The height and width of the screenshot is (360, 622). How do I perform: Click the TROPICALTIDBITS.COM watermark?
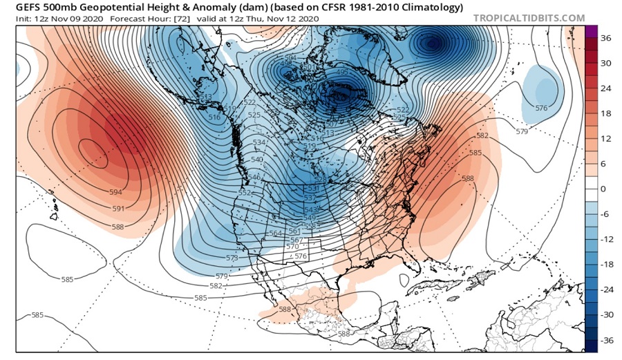click(529, 18)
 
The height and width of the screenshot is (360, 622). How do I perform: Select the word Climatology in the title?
click(430, 8)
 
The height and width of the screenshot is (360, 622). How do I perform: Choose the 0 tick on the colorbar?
click(605, 189)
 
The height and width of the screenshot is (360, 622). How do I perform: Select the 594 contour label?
click(115, 192)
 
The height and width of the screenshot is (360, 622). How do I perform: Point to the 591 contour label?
click(119, 208)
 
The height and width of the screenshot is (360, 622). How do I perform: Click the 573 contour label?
click(232, 258)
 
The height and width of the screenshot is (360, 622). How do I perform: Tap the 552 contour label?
click(245, 193)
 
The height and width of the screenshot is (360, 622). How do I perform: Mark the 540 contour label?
click(257, 160)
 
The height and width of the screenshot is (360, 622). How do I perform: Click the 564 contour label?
click(275, 234)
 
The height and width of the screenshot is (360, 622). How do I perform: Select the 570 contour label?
click(292, 246)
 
